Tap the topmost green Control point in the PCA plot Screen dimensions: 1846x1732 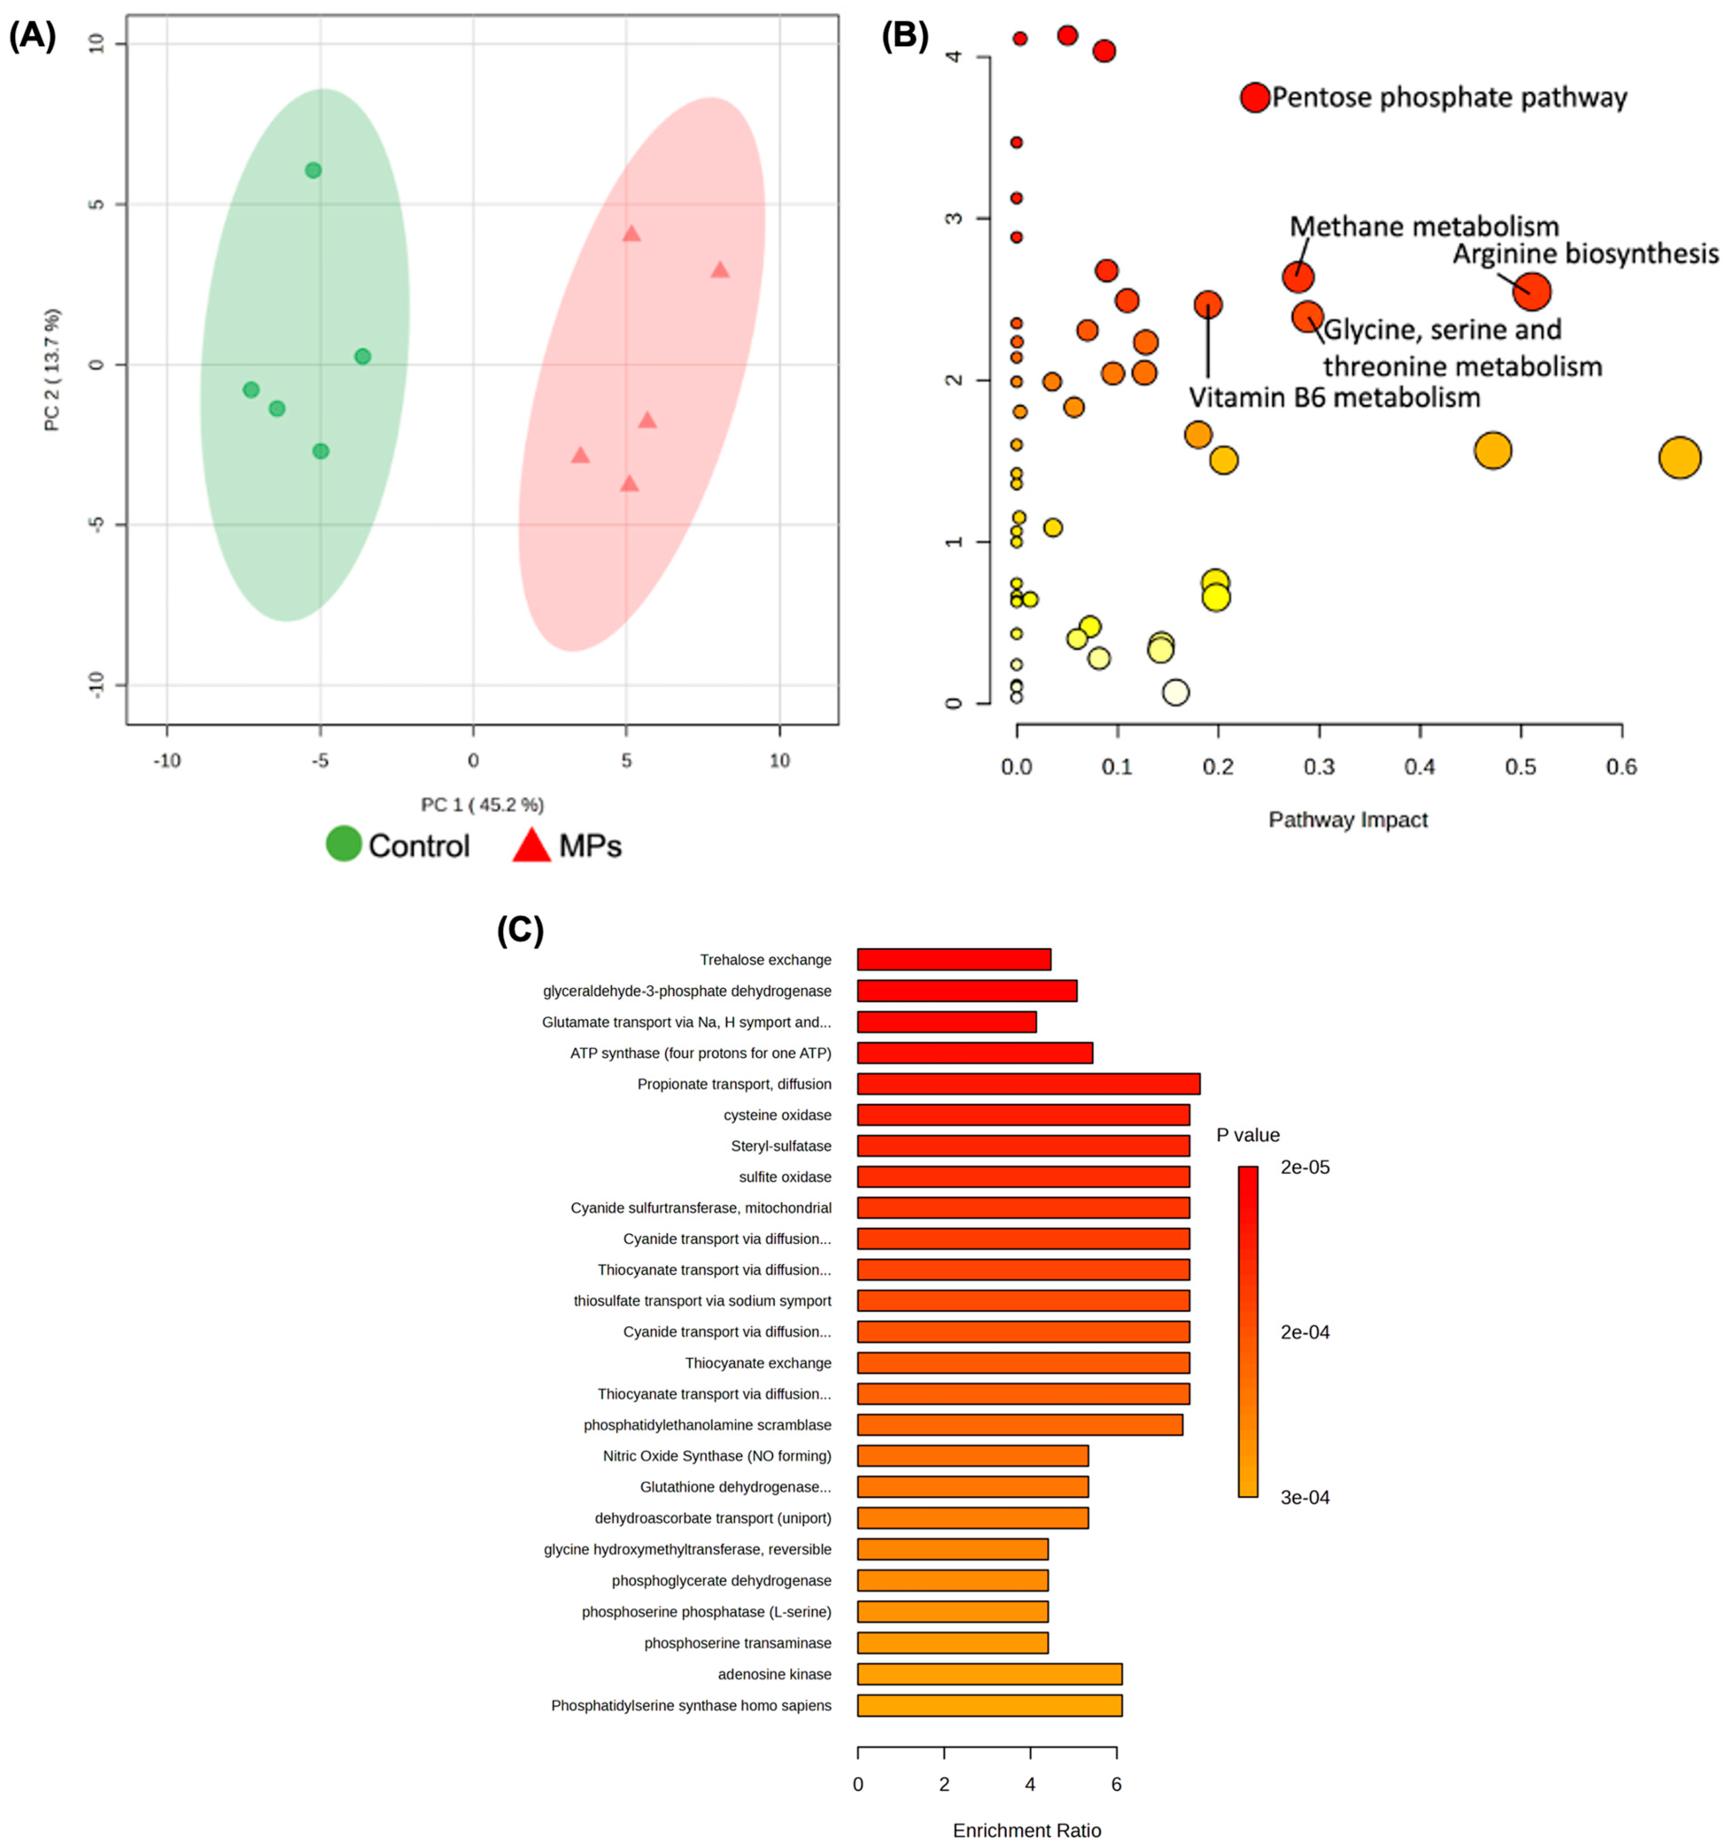(313, 170)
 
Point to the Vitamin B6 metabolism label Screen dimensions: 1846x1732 (1334, 397)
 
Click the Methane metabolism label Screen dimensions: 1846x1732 (1424, 227)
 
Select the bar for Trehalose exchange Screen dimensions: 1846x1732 (953, 959)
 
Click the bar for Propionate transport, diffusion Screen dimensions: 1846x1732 (1027, 1083)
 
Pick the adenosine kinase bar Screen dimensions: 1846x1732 (988, 1674)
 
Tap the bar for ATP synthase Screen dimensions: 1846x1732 (974, 1053)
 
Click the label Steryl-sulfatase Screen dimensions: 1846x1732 (780, 1146)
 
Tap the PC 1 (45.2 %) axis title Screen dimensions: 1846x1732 (482, 804)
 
